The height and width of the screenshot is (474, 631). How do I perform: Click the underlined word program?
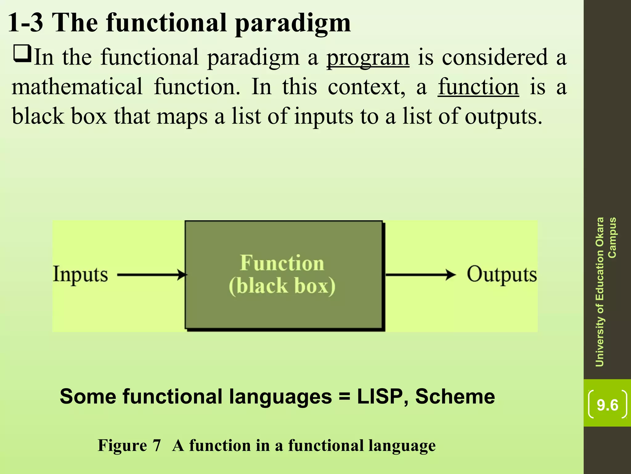coord(368,58)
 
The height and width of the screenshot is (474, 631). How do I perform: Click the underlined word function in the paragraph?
coord(478,87)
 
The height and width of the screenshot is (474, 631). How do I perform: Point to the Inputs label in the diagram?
coord(80,274)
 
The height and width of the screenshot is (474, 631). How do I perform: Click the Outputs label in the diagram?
coord(502,274)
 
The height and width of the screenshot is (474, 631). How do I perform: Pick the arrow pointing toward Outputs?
coord(421,274)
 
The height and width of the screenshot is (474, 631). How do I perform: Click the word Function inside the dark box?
coord(282,263)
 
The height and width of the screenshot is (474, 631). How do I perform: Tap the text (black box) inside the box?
coord(282,286)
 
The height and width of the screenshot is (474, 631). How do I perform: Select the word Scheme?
coord(455,397)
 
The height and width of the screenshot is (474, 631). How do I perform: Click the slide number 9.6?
coord(607,405)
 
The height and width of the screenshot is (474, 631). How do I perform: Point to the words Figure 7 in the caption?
coord(129,446)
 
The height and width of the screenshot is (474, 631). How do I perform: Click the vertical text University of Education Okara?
coord(600,292)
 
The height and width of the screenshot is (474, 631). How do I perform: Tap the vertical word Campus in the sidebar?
coord(612,238)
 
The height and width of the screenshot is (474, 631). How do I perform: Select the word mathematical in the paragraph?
coord(77,87)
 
